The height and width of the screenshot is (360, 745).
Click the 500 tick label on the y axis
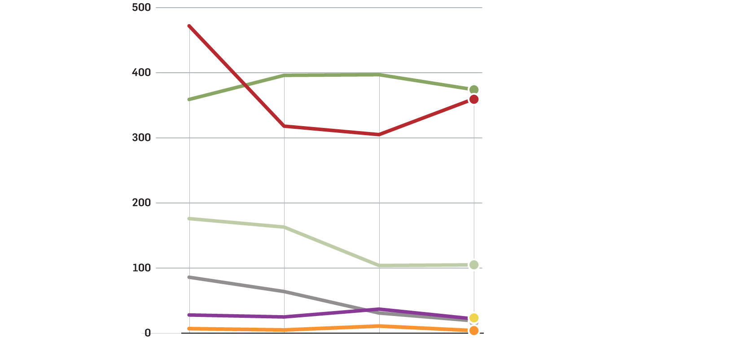click(x=141, y=8)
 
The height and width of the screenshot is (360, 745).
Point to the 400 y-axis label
click(x=141, y=73)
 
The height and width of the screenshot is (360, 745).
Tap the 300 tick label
click(x=141, y=138)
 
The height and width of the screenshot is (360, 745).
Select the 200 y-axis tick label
click(x=141, y=203)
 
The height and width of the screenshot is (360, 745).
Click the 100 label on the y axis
click(x=141, y=268)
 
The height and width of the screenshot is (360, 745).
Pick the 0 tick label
click(x=147, y=333)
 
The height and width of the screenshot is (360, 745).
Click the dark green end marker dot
click(x=473, y=90)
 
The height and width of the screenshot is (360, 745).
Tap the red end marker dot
click(x=473, y=99)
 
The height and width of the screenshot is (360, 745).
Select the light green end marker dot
click(x=473, y=265)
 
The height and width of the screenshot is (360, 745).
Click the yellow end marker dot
click(x=473, y=318)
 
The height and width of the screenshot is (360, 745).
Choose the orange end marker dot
click(x=473, y=331)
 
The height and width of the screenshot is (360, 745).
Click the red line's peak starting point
click(x=189, y=26)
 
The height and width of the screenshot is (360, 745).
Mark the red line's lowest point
click(x=379, y=135)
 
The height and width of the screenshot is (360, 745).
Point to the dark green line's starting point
click(x=189, y=99)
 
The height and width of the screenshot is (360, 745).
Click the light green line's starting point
click(x=189, y=219)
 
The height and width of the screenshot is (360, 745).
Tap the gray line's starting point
click(x=189, y=277)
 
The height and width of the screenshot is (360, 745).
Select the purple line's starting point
click(x=189, y=315)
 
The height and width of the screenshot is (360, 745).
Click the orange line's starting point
click(x=189, y=329)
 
